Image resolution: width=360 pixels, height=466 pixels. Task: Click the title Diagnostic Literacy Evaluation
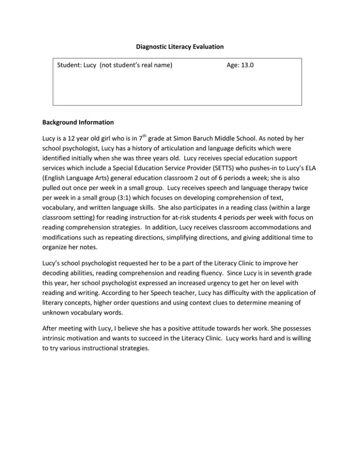(x=180, y=47)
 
